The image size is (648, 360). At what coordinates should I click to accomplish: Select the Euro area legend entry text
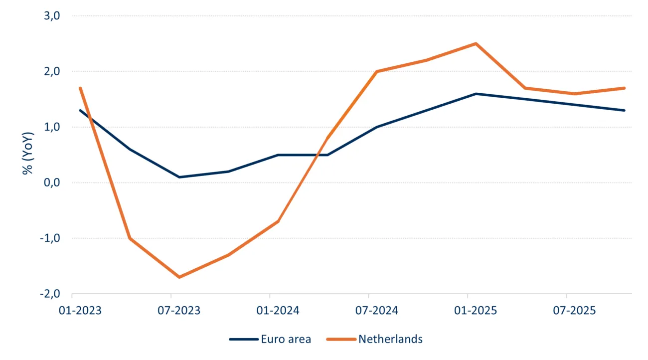pos(286,340)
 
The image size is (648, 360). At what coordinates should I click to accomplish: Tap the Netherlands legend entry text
pos(390,340)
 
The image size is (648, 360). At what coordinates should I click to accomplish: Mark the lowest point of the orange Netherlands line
pos(179,277)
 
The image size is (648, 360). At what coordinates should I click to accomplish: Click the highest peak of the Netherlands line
pos(476,43)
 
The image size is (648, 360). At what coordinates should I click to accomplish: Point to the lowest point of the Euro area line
pos(179,177)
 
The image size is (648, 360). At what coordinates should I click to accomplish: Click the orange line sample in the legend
pos(341,340)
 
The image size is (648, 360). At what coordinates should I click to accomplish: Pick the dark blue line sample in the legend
pos(243,340)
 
